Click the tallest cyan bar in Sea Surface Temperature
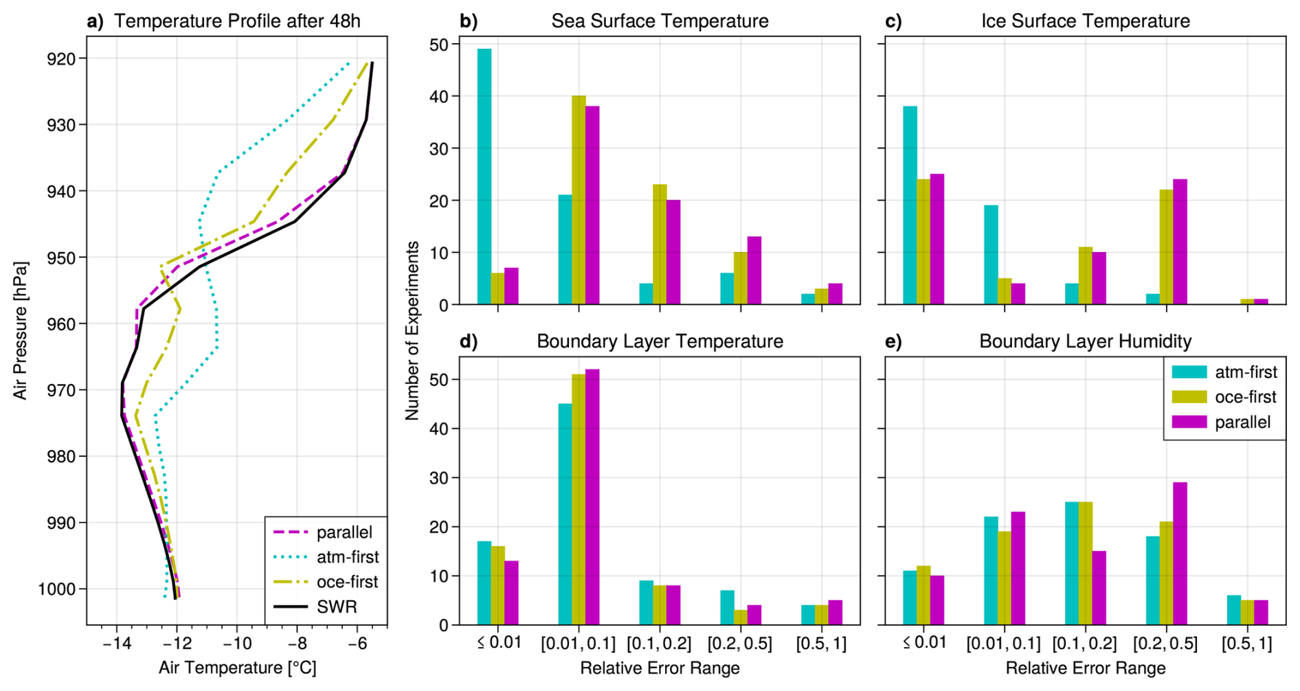pyautogui.click(x=484, y=176)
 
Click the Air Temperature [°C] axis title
pyautogui.click(x=237, y=668)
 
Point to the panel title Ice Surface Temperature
pyautogui.click(x=1085, y=21)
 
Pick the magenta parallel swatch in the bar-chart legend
pyautogui.click(x=1189, y=422)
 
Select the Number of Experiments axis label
pyautogui.click(x=412, y=330)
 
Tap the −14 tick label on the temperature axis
pyautogui.click(x=116, y=644)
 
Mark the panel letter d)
pyautogui.click(x=469, y=341)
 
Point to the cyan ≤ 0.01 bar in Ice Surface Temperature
pyautogui.click(x=910, y=205)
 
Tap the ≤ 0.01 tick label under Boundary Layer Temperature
pyautogui.click(x=499, y=644)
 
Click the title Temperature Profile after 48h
pyautogui.click(x=237, y=21)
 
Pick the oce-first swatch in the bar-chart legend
pyautogui.click(x=1189, y=397)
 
